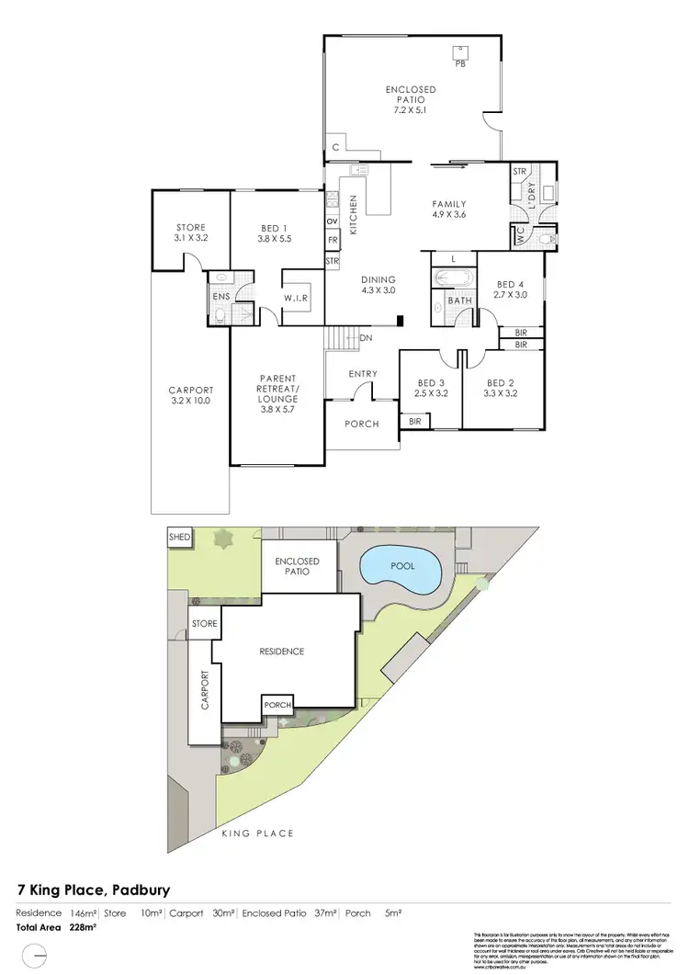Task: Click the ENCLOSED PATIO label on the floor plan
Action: coord(411,99)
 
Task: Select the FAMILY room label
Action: coord(450,210)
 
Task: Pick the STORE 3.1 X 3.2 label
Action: coord(190,232)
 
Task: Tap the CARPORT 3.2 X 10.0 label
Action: coord(191,394)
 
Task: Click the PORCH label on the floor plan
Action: coord(362,424)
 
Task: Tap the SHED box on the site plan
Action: coord(178,537)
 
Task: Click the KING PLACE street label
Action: coord(258,833)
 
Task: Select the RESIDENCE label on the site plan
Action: coord(281,651)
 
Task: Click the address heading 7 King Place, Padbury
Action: coord(94,890)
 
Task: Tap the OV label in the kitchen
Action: coord(332,221)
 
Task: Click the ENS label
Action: coord(221,297)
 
